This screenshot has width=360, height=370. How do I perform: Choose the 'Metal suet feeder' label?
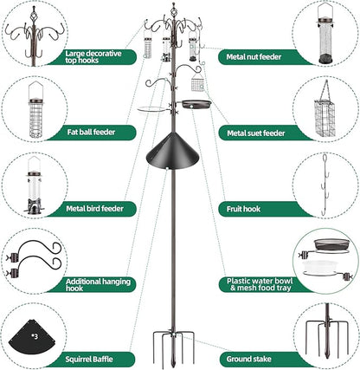coord(255,133)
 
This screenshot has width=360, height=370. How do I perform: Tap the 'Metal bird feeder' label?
coord(100,209)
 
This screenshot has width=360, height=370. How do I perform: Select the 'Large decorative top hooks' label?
coord(100,58)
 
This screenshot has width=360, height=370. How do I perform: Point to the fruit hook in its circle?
coord(325,185)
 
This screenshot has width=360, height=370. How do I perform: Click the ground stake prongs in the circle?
coord(325,334)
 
